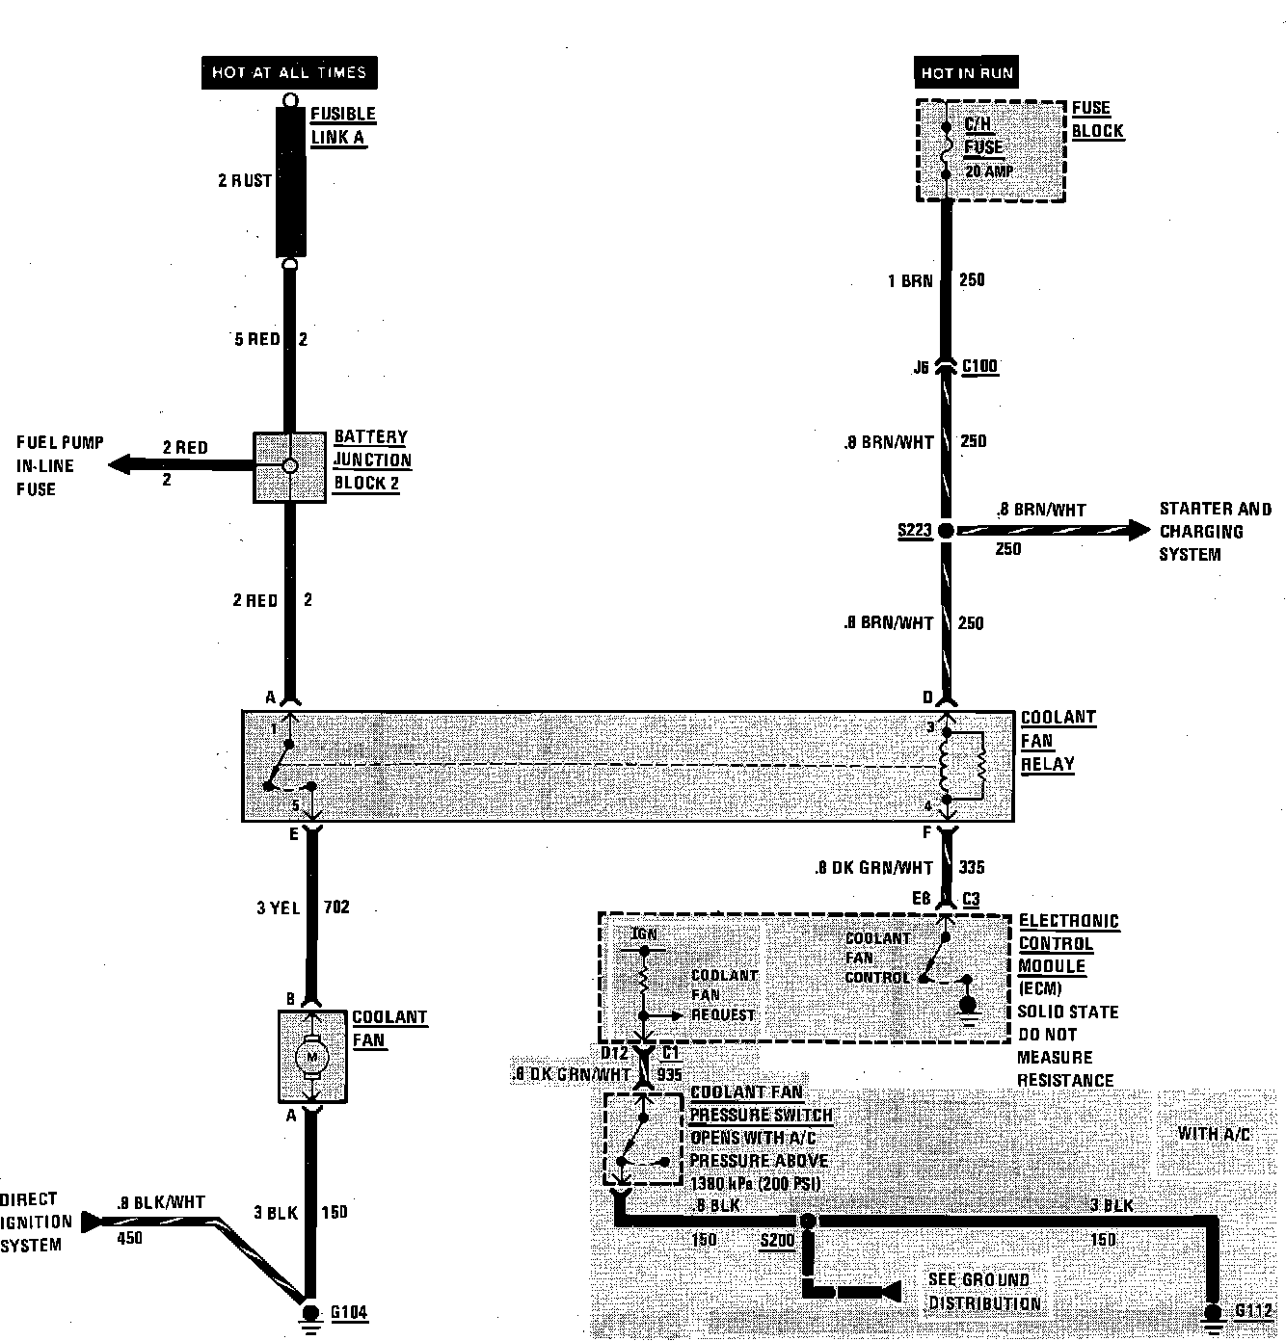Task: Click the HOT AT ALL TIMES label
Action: point(289,73)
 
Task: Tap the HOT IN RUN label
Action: point(967,73)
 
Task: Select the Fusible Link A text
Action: point(342,125)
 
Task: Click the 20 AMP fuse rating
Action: point(989,171)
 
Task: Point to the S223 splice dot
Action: point(946,531)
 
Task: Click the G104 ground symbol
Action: point(310,1315)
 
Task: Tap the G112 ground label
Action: point(1254,1312)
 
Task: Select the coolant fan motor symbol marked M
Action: point(311,1057)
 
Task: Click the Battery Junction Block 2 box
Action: point(289,466)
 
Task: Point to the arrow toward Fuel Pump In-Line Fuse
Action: point(121,465)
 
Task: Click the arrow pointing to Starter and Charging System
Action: point(1138,529)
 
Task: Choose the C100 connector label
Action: point(979,366)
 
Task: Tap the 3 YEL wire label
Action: point(278,907)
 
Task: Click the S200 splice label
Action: point(777,1241)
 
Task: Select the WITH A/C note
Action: point(1213,1134)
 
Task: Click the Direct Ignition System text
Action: point(37,1223)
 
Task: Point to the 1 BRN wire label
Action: point(910,280)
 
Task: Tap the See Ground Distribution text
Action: point(983,1292)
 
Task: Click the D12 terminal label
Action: point(614,1053)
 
